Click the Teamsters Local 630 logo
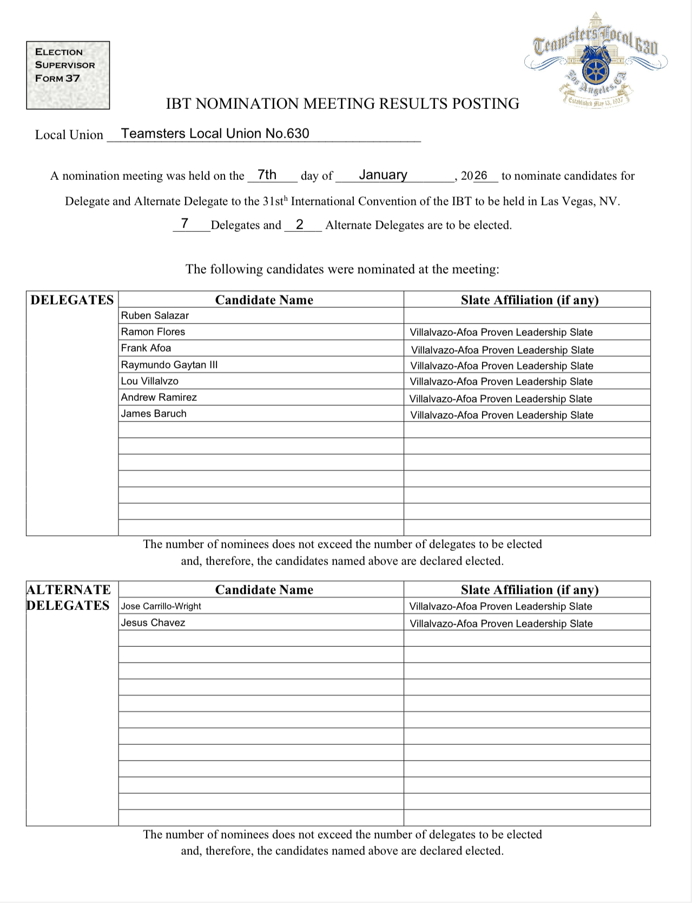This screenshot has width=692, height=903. pyautogui.click(x=596, y=60)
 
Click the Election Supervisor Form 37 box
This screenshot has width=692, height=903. pyautogui.click(x=68, y=75)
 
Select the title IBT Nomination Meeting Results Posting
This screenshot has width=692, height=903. pyautogui.click(x=342, y=103)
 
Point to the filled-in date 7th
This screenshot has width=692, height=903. pyautogui.click(x=267, y=174)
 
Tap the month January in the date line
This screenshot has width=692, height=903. pyautogui.click(x=383, y=175)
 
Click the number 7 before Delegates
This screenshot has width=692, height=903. pyautogui.click(x=184, y=223)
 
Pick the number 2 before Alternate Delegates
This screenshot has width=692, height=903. pyautogui.click(x=299, y=224)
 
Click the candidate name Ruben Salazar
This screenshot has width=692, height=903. pyautogui.click(x=155, y=315)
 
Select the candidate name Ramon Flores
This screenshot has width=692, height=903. pyautogui.click(x=153, y=332)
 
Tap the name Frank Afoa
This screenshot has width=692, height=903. pyautogui.click(x=146, y=348)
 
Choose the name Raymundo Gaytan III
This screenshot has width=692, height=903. pyautogui.click(x=169, y=365)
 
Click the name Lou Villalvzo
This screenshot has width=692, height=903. pyautogui.click(x=150, y=381)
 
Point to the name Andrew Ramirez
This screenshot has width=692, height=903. pyautogui.click(x=159, y=397)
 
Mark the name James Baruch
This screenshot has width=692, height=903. pyautogui.click(x=154, y=413)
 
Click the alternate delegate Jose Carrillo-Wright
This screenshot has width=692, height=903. pyautogui.click(x=161, y=606)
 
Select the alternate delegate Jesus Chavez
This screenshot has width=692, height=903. pyautogui.click(x=153, y=622)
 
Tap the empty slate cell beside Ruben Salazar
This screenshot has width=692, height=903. pyautogui.click(x=526, y=315)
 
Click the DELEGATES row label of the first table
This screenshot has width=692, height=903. pyautogui.click(x=72, y=300)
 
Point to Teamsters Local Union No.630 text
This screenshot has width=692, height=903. pyautogui.click(x=215, y=133)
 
